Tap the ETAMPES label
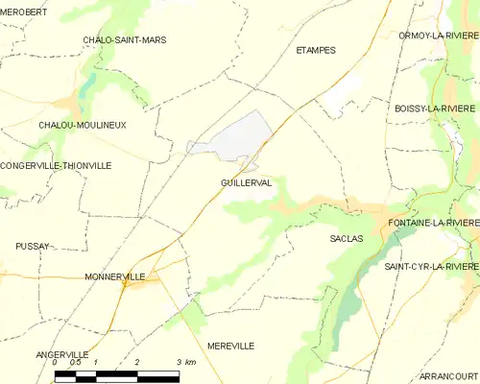click(316, 50)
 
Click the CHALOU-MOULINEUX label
click(83, 125)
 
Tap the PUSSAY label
click(33, 246)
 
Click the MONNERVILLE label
click(115, 276)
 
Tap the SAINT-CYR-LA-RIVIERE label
click(431, 266)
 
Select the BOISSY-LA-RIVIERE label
click(435, 109)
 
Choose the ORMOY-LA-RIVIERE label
click(438, 36)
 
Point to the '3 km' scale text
click(186, 362)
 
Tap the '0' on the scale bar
click(56, 362)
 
